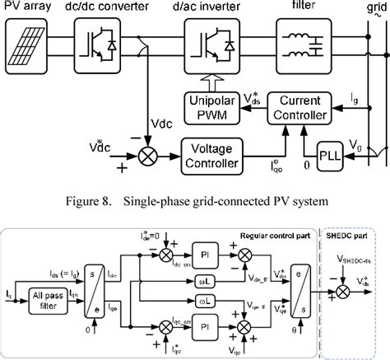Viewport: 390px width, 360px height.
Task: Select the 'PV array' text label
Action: coord(27,8)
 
